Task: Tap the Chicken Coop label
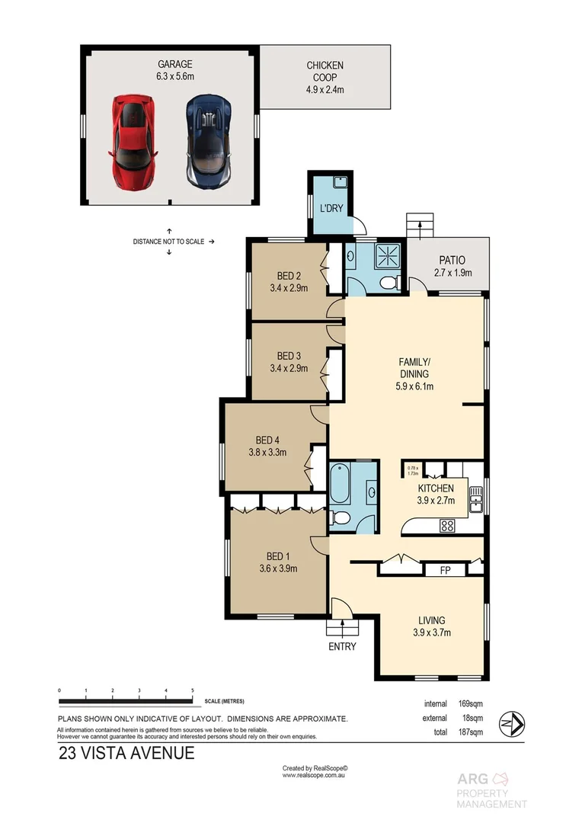coord(325,77)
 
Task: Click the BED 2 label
coord(287,282)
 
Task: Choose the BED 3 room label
coord(287,362)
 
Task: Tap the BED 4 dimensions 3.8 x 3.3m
coord(267,452)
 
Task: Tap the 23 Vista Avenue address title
coord(126,754)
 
